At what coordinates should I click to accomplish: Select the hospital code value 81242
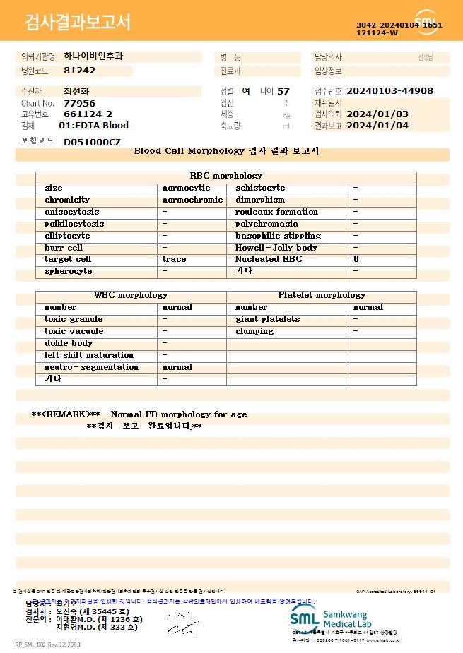click(79, 71)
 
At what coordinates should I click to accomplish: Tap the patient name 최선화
click(76, 91)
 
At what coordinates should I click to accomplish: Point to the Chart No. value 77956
click(79, 103)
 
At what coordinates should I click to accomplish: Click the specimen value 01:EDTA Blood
click(93, 126)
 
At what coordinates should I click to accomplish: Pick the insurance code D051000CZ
click(92, 142)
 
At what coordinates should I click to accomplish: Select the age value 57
click(283, 91)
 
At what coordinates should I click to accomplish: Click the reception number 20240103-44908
click(390, 91)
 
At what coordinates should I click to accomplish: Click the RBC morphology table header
click(226, 176)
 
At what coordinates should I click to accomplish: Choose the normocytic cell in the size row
click(187, 188)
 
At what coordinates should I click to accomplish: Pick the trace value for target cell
click(175, 259)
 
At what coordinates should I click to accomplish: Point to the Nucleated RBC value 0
click(356, 259)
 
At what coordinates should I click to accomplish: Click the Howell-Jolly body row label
click(276, 248)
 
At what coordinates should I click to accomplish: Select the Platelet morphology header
click(322, 295)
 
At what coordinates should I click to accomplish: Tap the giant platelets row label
click(268, 319)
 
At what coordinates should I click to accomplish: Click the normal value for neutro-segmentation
click(177, 367)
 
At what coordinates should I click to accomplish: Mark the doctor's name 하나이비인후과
click(93, 56)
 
